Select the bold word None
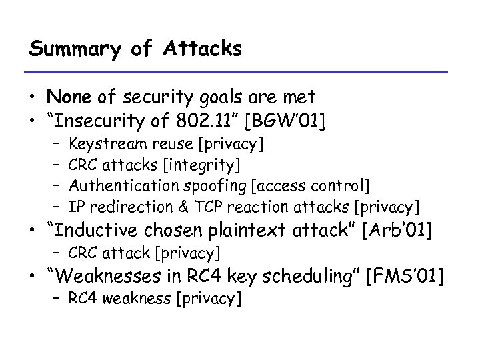tap(70, 97)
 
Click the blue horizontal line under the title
tap(240, 72)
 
